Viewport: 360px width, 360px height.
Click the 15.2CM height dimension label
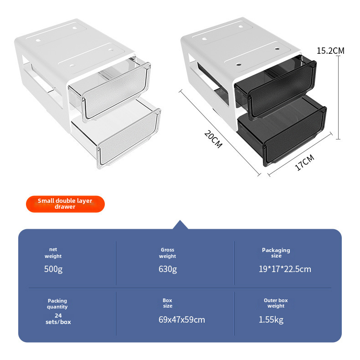(330, 51)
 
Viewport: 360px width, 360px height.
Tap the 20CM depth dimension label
(213, 139)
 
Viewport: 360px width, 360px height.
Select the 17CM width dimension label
(304, 162)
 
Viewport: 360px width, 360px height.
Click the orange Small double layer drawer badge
(65, 204)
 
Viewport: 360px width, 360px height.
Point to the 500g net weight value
(53, 269)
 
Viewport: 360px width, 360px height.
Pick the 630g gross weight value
(168, 269)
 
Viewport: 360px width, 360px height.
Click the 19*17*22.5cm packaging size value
(285, 269)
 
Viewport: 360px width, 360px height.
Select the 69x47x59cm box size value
(182, 319)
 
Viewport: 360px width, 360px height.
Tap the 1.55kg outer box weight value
(271, 319)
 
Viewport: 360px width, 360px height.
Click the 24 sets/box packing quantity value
(58, 319)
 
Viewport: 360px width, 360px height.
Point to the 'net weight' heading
(53, 253)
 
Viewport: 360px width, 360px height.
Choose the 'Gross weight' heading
(167, 253)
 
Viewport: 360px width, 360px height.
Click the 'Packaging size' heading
(276, 253)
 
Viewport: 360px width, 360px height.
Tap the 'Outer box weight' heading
(276, 303)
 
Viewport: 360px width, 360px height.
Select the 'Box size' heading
(168, 303)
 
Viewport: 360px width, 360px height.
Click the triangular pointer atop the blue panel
(180, 225)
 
